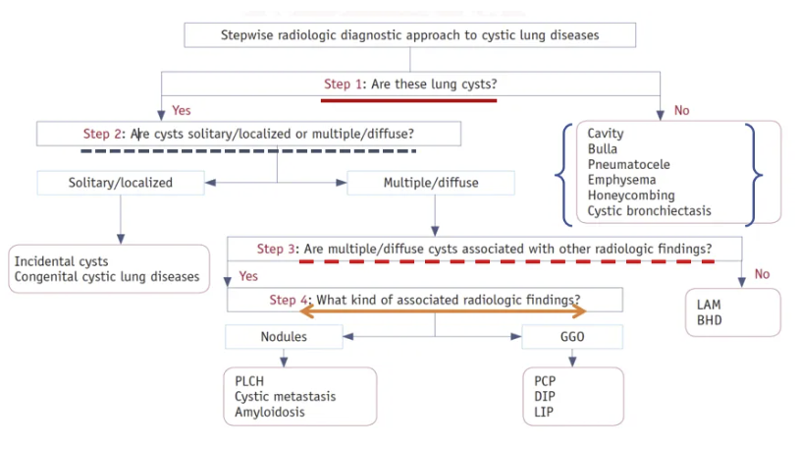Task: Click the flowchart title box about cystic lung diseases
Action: tap(409, 35)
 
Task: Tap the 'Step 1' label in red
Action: tap(344, 84)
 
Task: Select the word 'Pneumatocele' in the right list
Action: tap(628, 165)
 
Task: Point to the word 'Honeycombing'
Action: tap(631, 196)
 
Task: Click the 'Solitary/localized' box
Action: tap(121, 183)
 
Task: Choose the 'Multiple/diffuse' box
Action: tap(431, 183)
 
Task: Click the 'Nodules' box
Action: tap(284, 336)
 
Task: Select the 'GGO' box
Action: tap(572, 336)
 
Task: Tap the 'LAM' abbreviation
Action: tap(709, 305)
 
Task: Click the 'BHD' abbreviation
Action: tap(709, 320)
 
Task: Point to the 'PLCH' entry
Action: tap(249, 381)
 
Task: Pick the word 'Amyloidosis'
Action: tap(270, 412)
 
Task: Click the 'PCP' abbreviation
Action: tap(545, 381)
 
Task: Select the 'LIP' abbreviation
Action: tap(544, 412)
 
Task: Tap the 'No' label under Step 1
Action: tap(681, 111)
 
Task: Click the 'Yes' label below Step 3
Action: tap(248, 276)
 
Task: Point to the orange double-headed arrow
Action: tap(443, 311)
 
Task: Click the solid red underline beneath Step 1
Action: tap(408, 100)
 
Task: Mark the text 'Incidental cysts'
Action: tap(61, 261)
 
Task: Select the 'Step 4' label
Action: tap(289, 300)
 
